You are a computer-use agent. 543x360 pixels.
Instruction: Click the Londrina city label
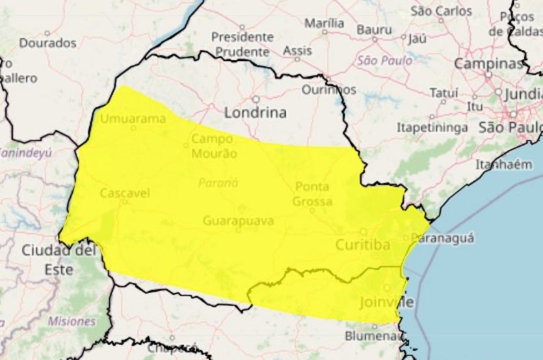(255, 112)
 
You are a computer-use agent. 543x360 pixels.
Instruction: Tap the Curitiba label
(363, 245)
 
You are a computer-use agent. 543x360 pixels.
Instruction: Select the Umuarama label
(133, 118)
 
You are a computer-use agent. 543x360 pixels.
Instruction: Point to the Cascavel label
(125, 192)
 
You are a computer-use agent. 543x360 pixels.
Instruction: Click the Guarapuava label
(238, 221)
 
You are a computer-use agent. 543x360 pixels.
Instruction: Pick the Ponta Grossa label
(312, 194)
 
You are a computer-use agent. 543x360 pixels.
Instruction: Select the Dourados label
(47, 43)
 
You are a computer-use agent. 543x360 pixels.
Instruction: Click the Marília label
(324, 23)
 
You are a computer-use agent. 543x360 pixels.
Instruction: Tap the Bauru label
(375, 29)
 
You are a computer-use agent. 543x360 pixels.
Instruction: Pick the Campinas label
(488, 64)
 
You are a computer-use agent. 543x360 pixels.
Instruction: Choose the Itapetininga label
(432, 127)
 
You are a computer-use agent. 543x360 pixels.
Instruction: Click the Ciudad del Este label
(59, 259)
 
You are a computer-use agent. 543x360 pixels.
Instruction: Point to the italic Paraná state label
(219, 183)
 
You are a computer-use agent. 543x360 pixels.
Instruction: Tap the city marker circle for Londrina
(256, 99)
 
